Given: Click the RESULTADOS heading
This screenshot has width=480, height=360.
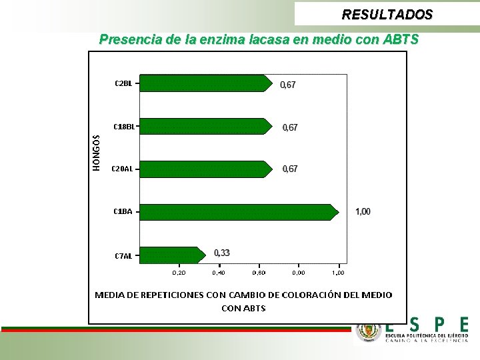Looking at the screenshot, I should pos(387,14).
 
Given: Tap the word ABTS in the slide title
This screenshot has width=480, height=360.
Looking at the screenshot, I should pos(401,39).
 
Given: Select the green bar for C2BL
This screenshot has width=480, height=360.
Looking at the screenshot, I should pos(205,83).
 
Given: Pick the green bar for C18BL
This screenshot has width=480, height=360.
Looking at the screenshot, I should pos(205,126).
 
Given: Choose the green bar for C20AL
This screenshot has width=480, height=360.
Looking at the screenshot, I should pos(205,169).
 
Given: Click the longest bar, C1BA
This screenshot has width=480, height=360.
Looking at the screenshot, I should pos(237,212).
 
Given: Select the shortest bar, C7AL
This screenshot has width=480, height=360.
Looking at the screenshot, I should pos(172,255).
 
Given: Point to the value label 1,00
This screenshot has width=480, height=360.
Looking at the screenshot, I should pos(363,212).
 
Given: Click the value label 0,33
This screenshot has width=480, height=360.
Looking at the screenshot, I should pos(222,253).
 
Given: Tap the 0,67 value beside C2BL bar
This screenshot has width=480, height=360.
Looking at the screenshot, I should pos(287,85).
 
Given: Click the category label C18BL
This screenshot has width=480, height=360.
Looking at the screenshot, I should pos(124,126).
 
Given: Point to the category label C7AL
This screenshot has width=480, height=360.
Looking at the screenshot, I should pos(123,255).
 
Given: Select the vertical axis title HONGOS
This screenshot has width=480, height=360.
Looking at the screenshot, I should pos(96,152).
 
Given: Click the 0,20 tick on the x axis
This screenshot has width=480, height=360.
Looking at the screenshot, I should pos(179,273).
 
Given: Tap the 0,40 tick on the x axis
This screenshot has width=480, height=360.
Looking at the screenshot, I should pos(219,273).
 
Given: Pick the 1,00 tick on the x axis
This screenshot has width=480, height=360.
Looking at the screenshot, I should pos(338,273).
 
